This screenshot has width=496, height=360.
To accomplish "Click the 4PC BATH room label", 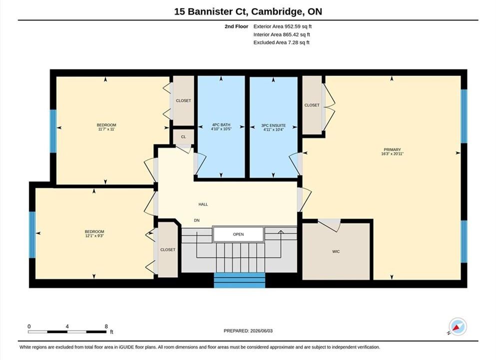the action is [x=221, y=124].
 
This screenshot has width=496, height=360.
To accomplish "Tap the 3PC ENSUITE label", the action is [x=274, y=125].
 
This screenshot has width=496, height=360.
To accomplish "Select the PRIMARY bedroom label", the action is [x=392, y=149].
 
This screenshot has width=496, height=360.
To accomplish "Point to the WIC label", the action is [x=336, y=251].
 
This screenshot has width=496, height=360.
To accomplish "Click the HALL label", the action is [x=203, y=204].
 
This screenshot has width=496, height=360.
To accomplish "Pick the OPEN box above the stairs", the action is [x=238, y=234].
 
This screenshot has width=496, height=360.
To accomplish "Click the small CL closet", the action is [x=183, y=137].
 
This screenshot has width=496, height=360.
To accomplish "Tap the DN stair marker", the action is [x=197, y=220].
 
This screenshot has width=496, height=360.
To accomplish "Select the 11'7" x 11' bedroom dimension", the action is [x=106, y=129].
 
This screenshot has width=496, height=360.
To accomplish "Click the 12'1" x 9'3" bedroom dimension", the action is [x=94, y=235].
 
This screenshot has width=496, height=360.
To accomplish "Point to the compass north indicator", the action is [x=457, y=326].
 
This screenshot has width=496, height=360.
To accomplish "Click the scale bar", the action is [x=67, y=332].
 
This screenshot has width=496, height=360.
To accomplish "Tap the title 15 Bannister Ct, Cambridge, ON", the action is [x=248, y=11].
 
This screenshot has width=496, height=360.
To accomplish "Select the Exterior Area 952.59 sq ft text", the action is [x=283, y=26].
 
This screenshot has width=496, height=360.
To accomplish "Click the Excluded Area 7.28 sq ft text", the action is [x=281, y=42].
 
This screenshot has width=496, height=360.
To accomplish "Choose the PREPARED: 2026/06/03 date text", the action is [x=248, y=331].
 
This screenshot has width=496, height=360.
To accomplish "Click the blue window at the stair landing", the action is [x=239, y=280].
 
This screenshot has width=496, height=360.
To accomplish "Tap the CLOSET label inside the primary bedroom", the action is [x=312, y=105].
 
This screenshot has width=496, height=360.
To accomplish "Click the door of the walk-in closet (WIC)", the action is [x=329, y=224].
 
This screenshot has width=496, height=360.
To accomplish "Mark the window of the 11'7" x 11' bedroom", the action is [x=53, y=131].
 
